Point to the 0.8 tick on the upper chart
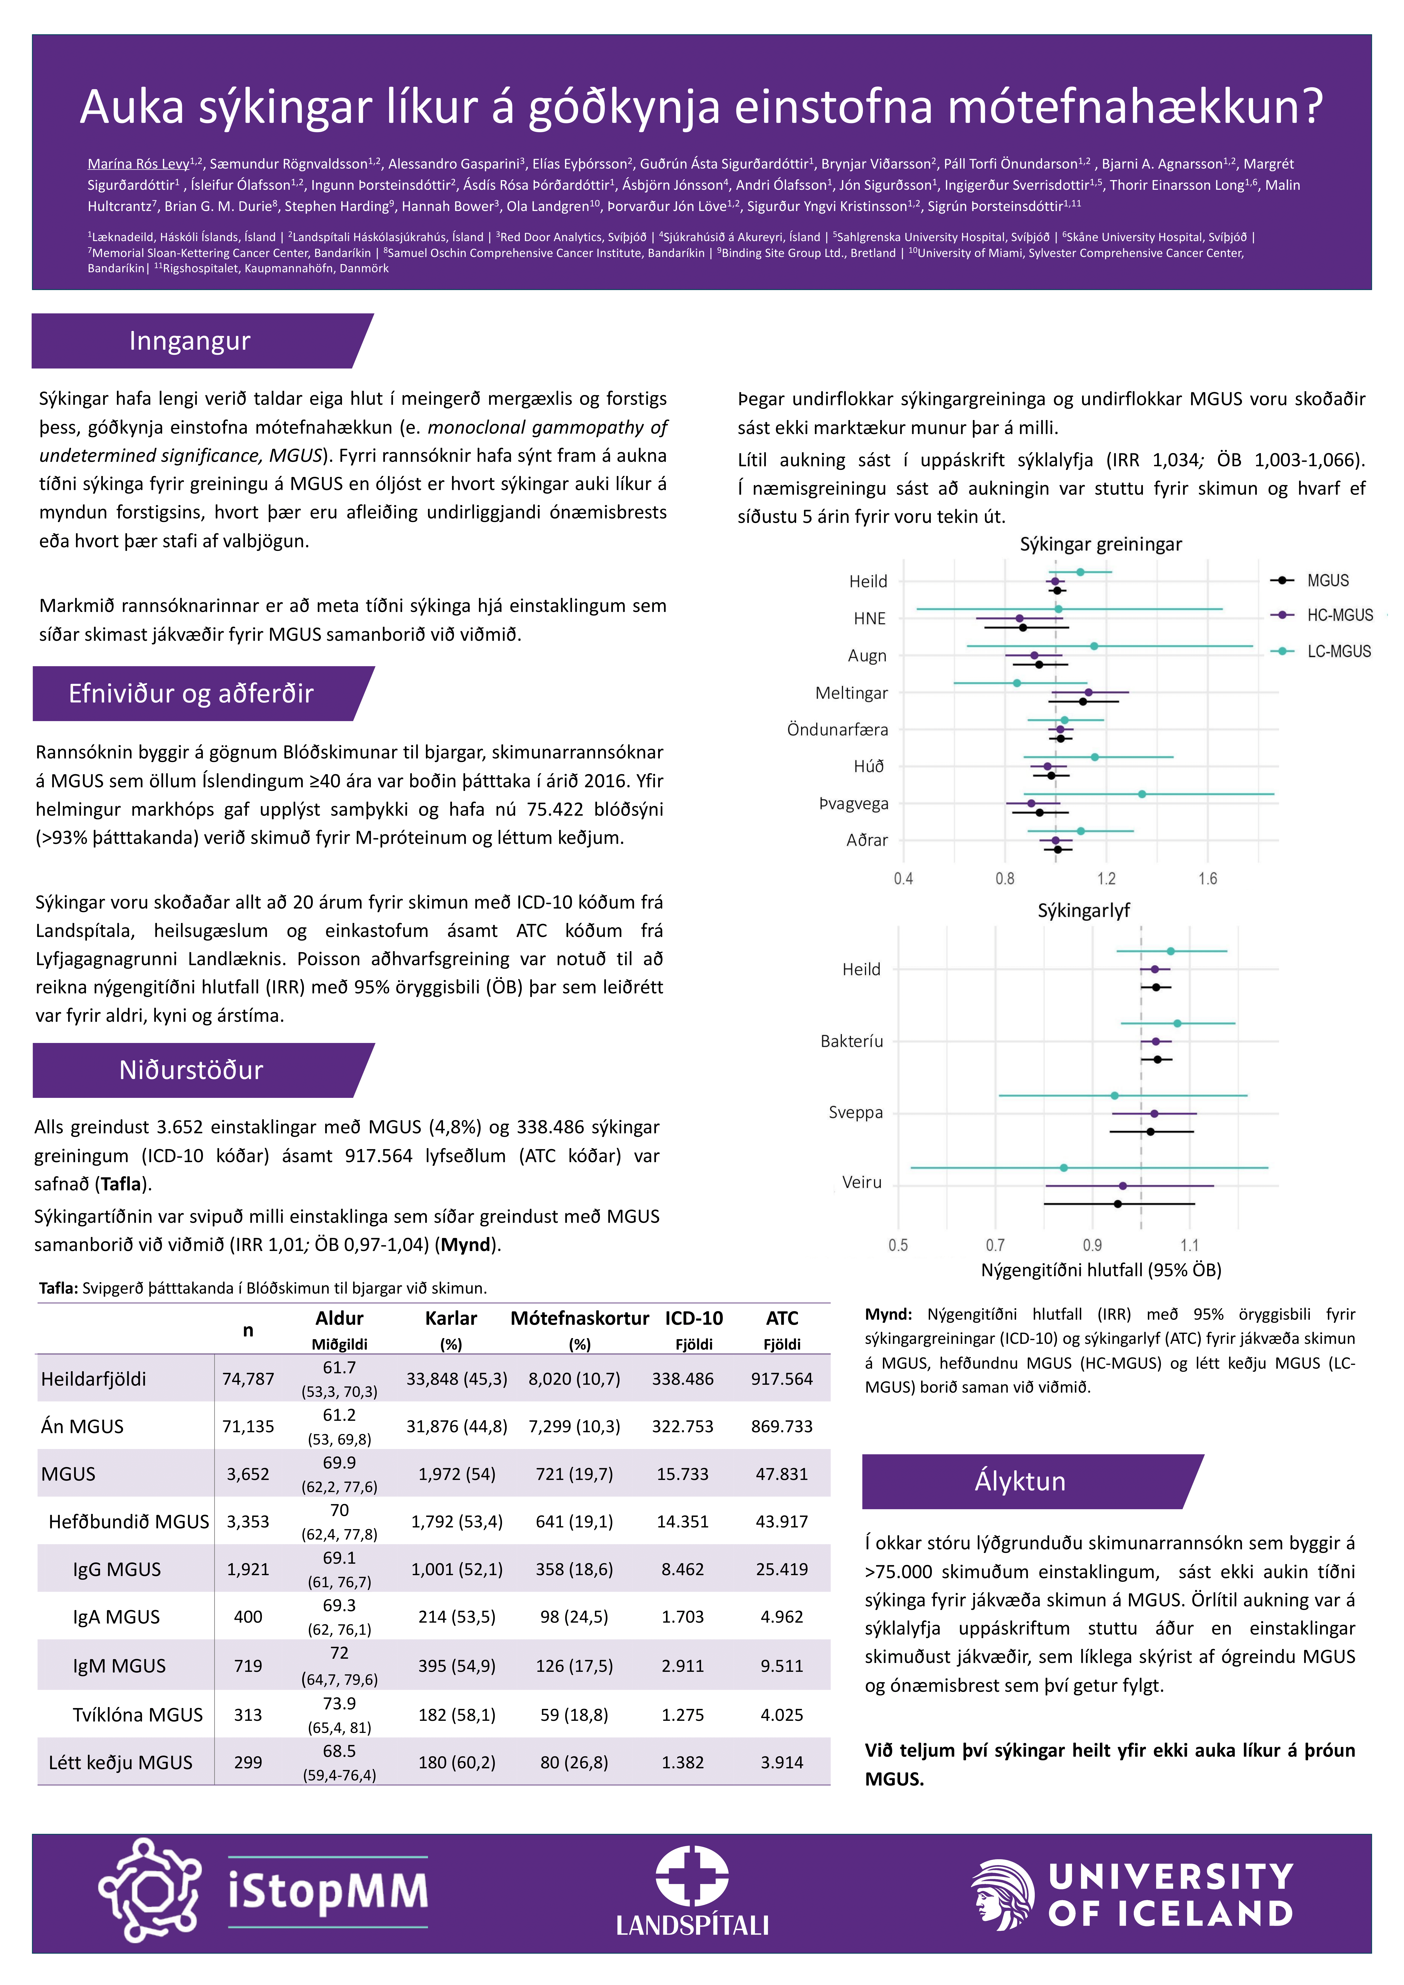pos(1005,879)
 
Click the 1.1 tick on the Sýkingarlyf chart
pos(1190,1246)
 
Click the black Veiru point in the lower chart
pos(1118,1203)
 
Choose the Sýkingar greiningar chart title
pos(1101,544)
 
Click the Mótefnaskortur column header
pos(579,1318)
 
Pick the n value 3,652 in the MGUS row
pos(248,1474)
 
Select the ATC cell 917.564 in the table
pos(782,1379)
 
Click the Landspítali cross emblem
pos(692,1876)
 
